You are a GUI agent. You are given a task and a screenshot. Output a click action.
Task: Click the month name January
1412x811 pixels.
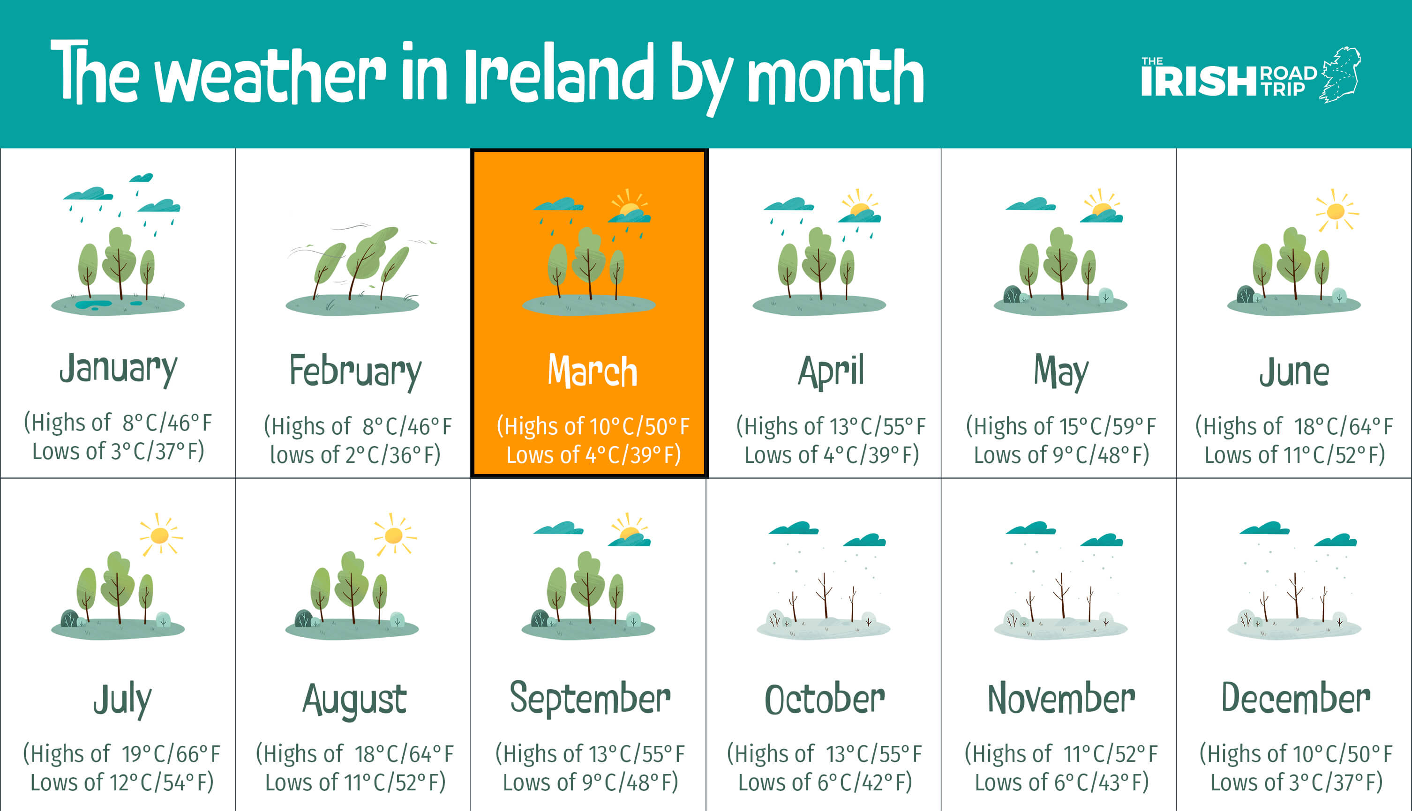(x=118, y=369)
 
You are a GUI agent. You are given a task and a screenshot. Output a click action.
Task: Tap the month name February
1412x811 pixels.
(x=355, y=372)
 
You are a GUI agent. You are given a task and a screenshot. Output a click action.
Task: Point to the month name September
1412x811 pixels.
(x=590, y=699)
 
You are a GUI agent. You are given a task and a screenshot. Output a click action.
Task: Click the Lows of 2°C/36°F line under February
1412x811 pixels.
(x=355, y=454)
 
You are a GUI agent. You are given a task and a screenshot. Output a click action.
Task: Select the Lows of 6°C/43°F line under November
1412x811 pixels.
(x=1061, y=782)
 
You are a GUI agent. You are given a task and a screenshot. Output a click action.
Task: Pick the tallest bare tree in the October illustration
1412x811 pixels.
(x=824, y=595)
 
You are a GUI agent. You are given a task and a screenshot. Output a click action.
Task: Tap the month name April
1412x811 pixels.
(x=831, y=372)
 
